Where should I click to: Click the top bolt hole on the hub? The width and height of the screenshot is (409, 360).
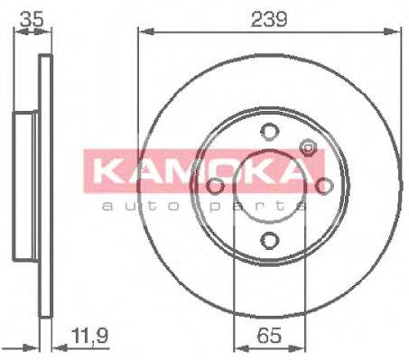click(269, 132)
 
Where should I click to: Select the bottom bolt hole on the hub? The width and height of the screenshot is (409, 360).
click(269, 239)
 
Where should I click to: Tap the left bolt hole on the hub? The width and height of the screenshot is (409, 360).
click(215, 186)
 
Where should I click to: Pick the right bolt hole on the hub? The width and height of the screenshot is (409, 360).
click(323, 186)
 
